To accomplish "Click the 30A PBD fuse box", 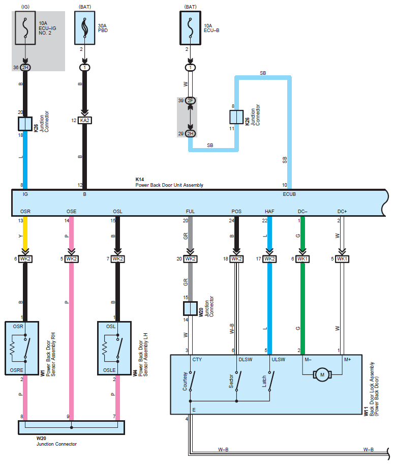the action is [85, 28].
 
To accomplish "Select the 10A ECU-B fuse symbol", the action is [190, 28].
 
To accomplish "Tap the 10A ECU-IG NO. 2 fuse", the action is [25, 28].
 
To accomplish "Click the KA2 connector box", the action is [85, 121].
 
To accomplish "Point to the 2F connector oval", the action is [190, 101].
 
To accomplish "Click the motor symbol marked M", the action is [322, 375].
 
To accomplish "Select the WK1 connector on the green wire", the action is [302, 259].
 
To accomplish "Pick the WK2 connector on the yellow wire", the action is [25, 259].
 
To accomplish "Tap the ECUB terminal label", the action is [289, 194].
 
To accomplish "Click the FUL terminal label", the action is [190, 212].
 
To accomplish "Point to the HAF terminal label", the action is [269, 212].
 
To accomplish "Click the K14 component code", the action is [140, 180].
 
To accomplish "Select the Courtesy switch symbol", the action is [192, 381].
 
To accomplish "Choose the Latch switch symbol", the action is [271, 381].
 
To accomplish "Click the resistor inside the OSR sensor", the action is [12, 348].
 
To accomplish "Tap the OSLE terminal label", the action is [109, 370].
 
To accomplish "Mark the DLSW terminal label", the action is [246, 359].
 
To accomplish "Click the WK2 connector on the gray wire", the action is [190, 259].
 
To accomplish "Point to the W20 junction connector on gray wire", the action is [190, 308].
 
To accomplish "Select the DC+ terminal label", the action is [342, 212].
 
